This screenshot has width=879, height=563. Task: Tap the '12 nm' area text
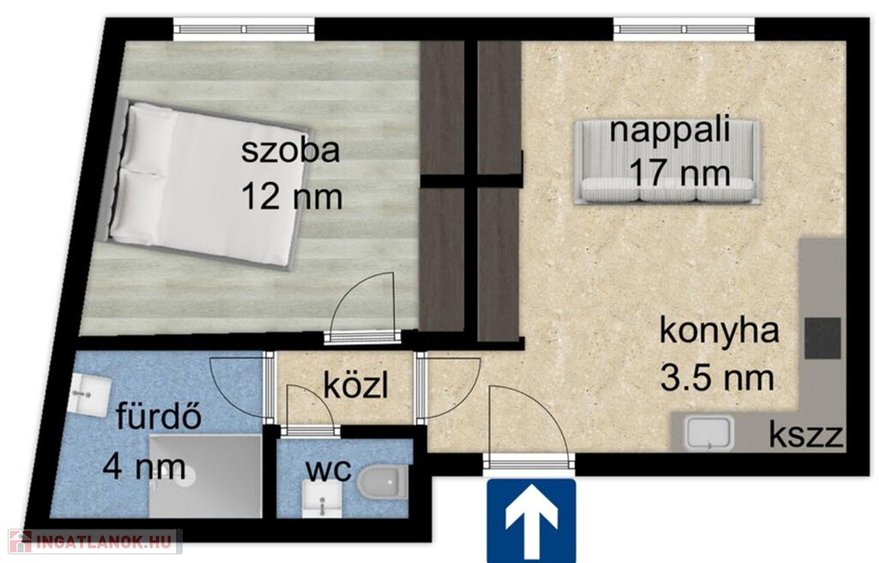point(292,197)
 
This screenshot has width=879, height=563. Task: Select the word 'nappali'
point(670,131)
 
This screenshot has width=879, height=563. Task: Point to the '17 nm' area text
point(680,173)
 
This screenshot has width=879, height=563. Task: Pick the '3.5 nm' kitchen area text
point(717,378)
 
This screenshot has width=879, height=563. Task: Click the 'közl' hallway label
point(355,385)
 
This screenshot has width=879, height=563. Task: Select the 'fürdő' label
point(159,416)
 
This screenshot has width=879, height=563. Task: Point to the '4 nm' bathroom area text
point(144,467)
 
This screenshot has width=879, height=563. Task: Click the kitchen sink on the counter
point(710,432)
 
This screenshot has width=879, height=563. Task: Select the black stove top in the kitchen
point(823,338)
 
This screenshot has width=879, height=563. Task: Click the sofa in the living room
point(667,162)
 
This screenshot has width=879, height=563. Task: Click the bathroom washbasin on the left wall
point(91,396)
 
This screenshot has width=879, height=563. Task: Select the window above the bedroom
point(244,28)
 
